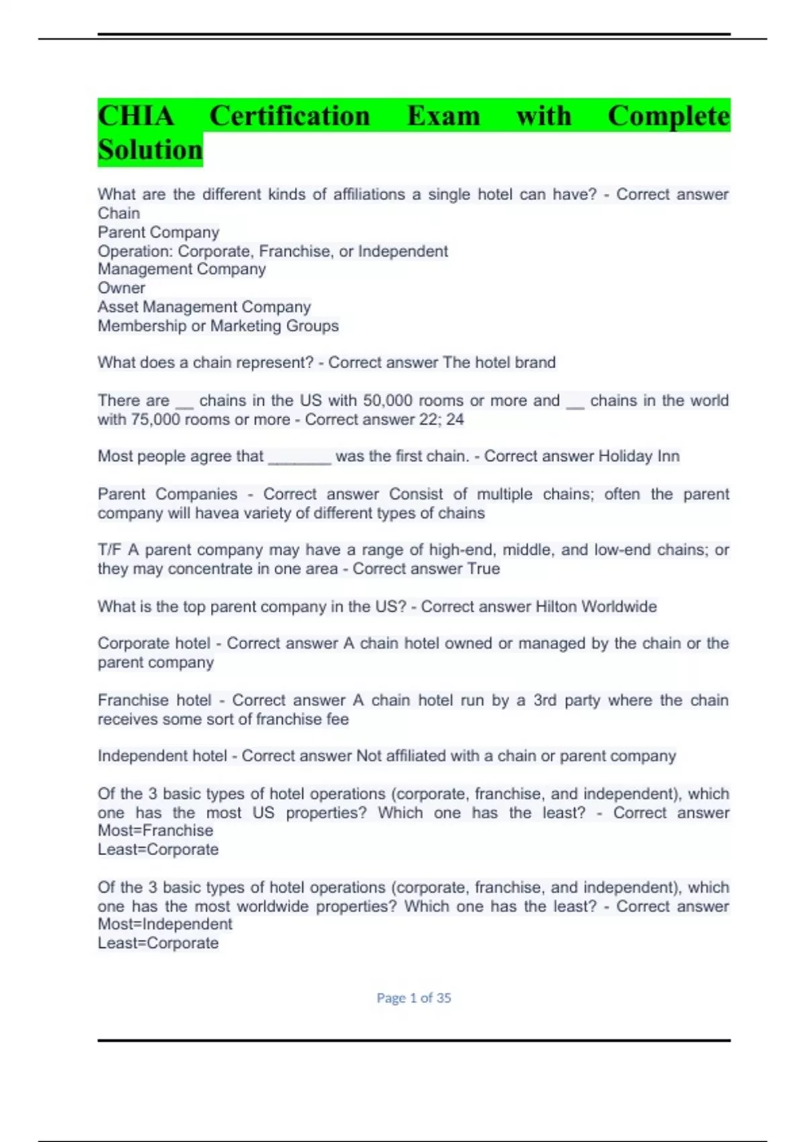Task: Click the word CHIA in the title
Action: (136, 116)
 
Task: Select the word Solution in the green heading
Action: (150, 150)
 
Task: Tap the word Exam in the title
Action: (443, 116)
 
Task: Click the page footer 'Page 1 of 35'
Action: (413, 998)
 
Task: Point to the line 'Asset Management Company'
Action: (204, 307)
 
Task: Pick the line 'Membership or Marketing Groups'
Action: (218, 326)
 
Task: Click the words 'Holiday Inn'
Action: (639, 456)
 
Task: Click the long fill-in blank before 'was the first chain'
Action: (300, 457)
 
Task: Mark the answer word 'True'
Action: (484, 569)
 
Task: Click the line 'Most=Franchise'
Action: (155, 830)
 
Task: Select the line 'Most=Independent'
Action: (165, 924)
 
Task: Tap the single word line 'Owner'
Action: (121, 288)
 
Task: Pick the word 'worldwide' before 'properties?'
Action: (272, 906)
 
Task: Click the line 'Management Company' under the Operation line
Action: (181, 269)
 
